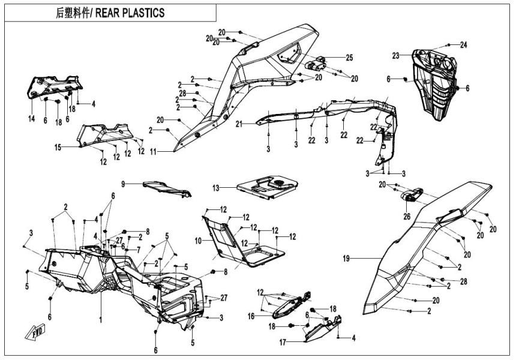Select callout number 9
click(124, 184)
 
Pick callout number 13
click(215, 188)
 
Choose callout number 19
click(347, 260)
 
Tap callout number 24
click(463, 45)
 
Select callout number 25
click(349, 58)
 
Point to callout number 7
click(139, 249)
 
